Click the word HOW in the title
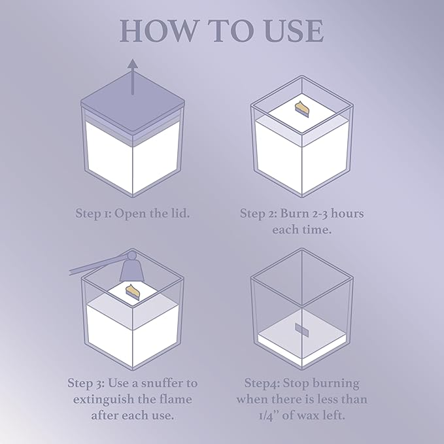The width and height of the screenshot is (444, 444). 158,31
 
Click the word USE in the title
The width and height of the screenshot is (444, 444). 294,31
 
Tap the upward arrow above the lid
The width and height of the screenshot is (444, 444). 133,77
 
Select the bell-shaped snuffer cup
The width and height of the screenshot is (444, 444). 131,269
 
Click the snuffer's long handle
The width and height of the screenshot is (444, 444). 97,264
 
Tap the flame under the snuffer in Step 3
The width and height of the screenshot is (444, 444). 132,292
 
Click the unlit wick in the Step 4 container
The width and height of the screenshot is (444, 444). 301,330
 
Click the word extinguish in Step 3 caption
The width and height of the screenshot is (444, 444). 103,400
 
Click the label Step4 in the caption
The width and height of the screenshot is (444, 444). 262,383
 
